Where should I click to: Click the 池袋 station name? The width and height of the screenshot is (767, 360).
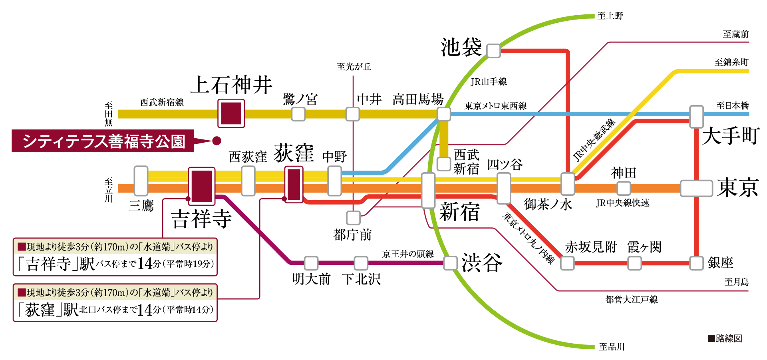tap(461, 48)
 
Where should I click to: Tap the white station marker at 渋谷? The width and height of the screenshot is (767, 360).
tap(451, 263)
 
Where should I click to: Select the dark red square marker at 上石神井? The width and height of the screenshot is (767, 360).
tap(231, 113)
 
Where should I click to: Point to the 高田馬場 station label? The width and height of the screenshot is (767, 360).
tap(418, 99)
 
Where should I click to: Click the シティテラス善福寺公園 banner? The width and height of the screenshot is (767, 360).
tap(103, 141)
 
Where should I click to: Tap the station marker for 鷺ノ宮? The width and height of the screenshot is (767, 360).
tap(298, 114)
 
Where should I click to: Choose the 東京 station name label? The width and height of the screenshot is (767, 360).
tap(737, 187)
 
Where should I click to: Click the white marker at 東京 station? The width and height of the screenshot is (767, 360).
tap(696, 188)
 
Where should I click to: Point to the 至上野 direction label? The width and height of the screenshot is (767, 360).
tap(610, 16)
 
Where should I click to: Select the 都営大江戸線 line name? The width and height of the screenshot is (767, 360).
tap(631, 299)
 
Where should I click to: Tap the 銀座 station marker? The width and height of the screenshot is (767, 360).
tap(696, 263)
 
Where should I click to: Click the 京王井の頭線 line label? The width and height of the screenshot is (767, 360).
tap(408, 254)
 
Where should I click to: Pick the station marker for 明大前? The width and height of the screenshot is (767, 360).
tap(311, 263)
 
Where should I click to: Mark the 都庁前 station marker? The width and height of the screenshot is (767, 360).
tap(353, 218)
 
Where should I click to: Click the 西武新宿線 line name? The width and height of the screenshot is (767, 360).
tap(162, 102)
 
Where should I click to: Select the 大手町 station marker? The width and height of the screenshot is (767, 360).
tap(696, 116)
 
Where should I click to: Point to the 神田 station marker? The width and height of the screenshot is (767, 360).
tap(623, 188)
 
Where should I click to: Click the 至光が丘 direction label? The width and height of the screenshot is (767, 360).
tap(354, 67)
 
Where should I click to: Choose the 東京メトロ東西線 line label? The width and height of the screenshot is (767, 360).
tap(495, 106)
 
